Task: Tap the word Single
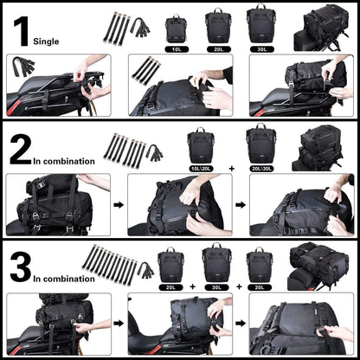point(48,40)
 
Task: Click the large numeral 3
point(19,267)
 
